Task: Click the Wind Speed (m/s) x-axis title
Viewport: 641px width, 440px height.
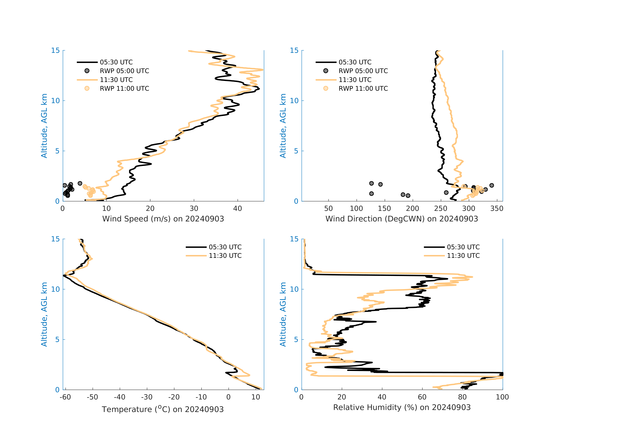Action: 163,219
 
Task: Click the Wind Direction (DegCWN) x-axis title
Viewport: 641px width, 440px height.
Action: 402,219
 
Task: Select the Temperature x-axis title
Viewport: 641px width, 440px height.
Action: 163,409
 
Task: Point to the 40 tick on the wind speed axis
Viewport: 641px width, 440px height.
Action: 237,209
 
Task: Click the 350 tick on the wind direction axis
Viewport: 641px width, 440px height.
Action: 497,209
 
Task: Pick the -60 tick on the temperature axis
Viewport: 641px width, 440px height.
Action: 65,397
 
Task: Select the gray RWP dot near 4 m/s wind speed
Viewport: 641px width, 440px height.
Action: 80,183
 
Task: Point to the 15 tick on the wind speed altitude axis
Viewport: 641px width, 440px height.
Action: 55,50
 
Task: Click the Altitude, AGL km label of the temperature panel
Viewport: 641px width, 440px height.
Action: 44,314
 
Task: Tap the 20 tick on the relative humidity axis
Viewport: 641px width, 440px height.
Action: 342,397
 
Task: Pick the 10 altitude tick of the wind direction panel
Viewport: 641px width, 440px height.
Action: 294,101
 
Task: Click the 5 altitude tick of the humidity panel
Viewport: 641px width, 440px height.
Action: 296,340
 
